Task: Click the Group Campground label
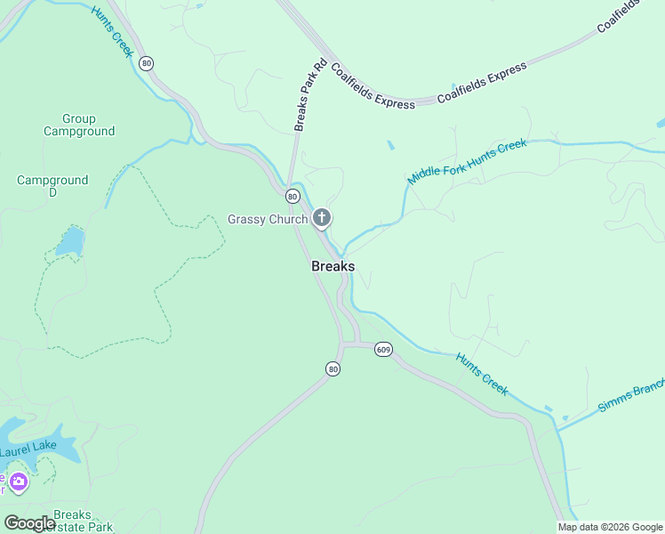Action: coord(79,125)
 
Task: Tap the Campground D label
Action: coord(52,185)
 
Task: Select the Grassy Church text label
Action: coord(268,219)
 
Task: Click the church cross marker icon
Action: coord(322,217)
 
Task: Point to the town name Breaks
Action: coord(332,266)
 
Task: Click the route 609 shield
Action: coord(383,349)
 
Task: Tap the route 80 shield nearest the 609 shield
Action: coord(332,368)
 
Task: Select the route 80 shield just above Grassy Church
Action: coord(292,196)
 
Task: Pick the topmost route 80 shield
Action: coord(147,63)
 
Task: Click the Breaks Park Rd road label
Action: coord(310,96)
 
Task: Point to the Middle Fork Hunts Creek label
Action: coord(467,161)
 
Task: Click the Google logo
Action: coord(29,522)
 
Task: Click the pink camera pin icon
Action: coord(18,482)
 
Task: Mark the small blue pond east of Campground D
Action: coord(70,241)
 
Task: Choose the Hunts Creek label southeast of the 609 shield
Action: coord(481,374)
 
